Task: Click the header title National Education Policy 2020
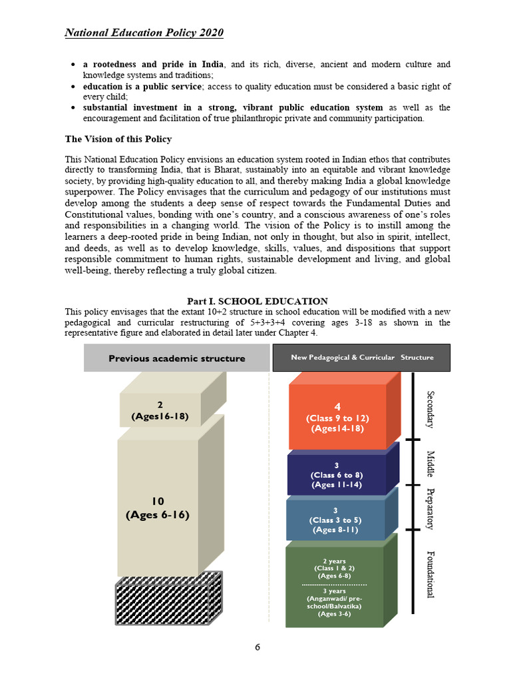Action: coord(144,33)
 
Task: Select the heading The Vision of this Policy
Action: coord(118,139)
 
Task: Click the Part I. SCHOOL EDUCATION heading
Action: coord(257,302)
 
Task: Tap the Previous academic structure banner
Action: coord(176,358)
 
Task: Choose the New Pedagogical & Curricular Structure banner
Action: coord(361,358)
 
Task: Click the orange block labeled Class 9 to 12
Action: coord(337,418)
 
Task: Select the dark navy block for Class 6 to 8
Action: coord(337,476)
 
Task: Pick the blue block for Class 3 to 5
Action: coord(335,520)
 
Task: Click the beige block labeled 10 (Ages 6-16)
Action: coord(158,508)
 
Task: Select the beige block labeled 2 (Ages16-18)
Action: coord(160,410)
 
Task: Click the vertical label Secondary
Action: coord(430,409)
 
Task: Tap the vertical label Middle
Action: coord(430,464)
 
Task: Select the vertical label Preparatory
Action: coord(430,509)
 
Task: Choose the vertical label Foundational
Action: coord(430,574)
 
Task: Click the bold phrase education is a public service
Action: coord(142,87)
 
